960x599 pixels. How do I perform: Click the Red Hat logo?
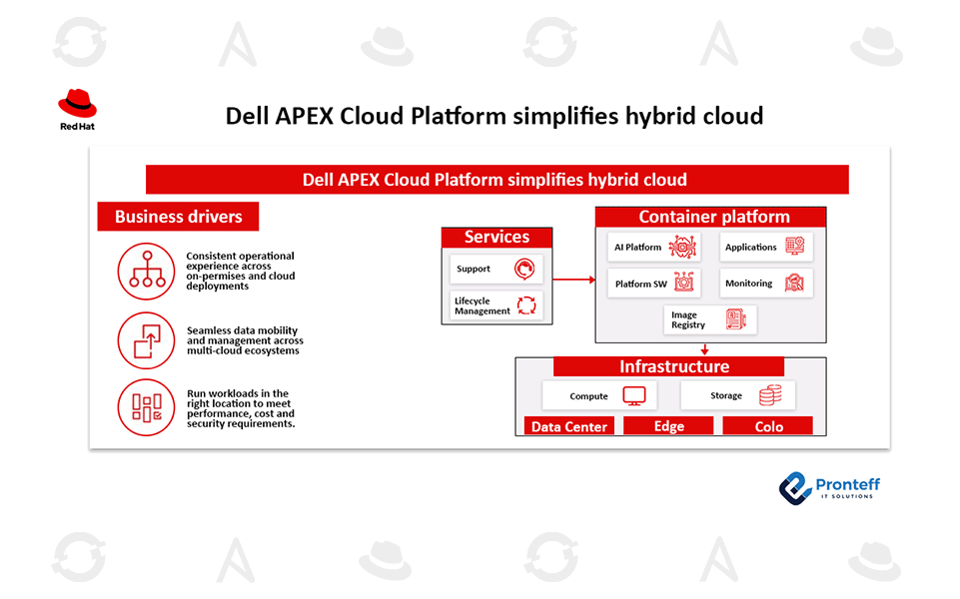(x=77, y=109)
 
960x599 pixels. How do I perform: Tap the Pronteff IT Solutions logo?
(x=829, y=486)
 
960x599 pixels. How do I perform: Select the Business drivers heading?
(x=178, y=217)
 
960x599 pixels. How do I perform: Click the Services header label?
(x=496, y=237)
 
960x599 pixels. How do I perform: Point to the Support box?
(x=496, y=269)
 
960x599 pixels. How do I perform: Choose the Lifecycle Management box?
(x=496, y=305)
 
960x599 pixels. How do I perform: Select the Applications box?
(x=766, y=247)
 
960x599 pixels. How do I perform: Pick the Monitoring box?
(x=766, y=284)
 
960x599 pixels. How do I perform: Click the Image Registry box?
(x=710, y=319)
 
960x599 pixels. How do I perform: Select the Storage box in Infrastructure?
(x=738, y=395)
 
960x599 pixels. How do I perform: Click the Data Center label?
(x=569, y=426)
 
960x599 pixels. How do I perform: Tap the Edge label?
(x=668, y=426)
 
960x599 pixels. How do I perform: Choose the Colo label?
(x=768, y=426)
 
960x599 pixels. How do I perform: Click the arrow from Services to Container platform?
(x=573, y=280)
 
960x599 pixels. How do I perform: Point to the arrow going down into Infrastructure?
(x=704, y=349)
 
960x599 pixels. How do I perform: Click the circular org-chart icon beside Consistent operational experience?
(x=146, y=271)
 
